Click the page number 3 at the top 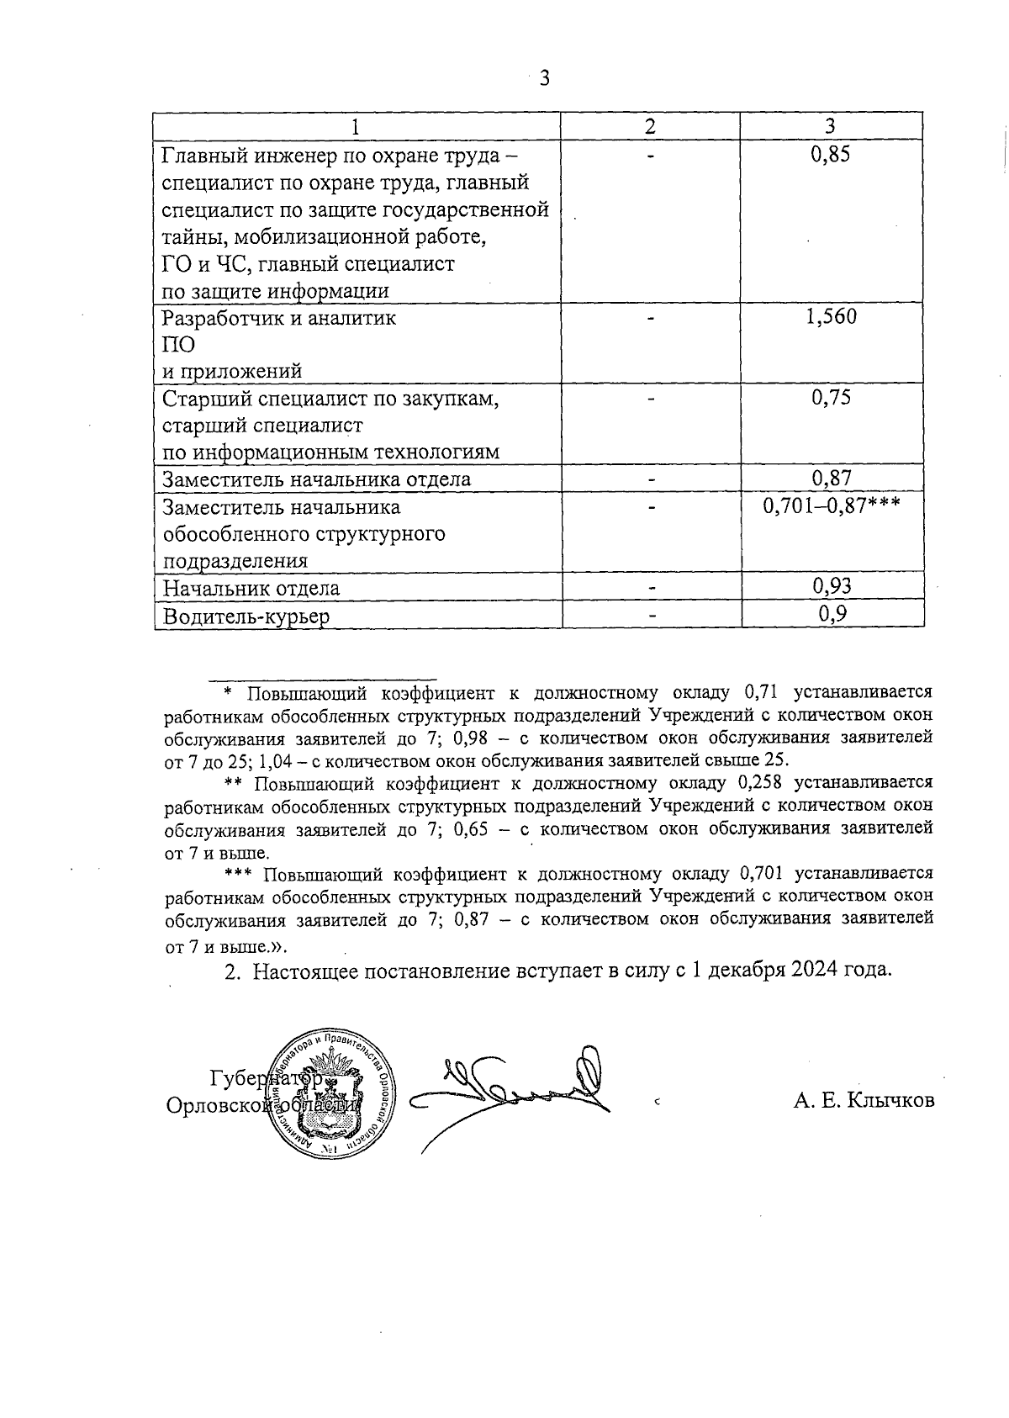pos(544,78)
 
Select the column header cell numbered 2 pos(650,126)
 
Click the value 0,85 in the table pos(831,155)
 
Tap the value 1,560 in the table pos(831,317)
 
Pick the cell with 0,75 pos(831,398)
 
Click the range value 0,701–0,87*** pos(831,506)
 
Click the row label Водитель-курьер pos(246,616)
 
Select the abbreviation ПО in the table pos(178,345)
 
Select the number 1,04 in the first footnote pos(274,762)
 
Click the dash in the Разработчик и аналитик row pos(650,318)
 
